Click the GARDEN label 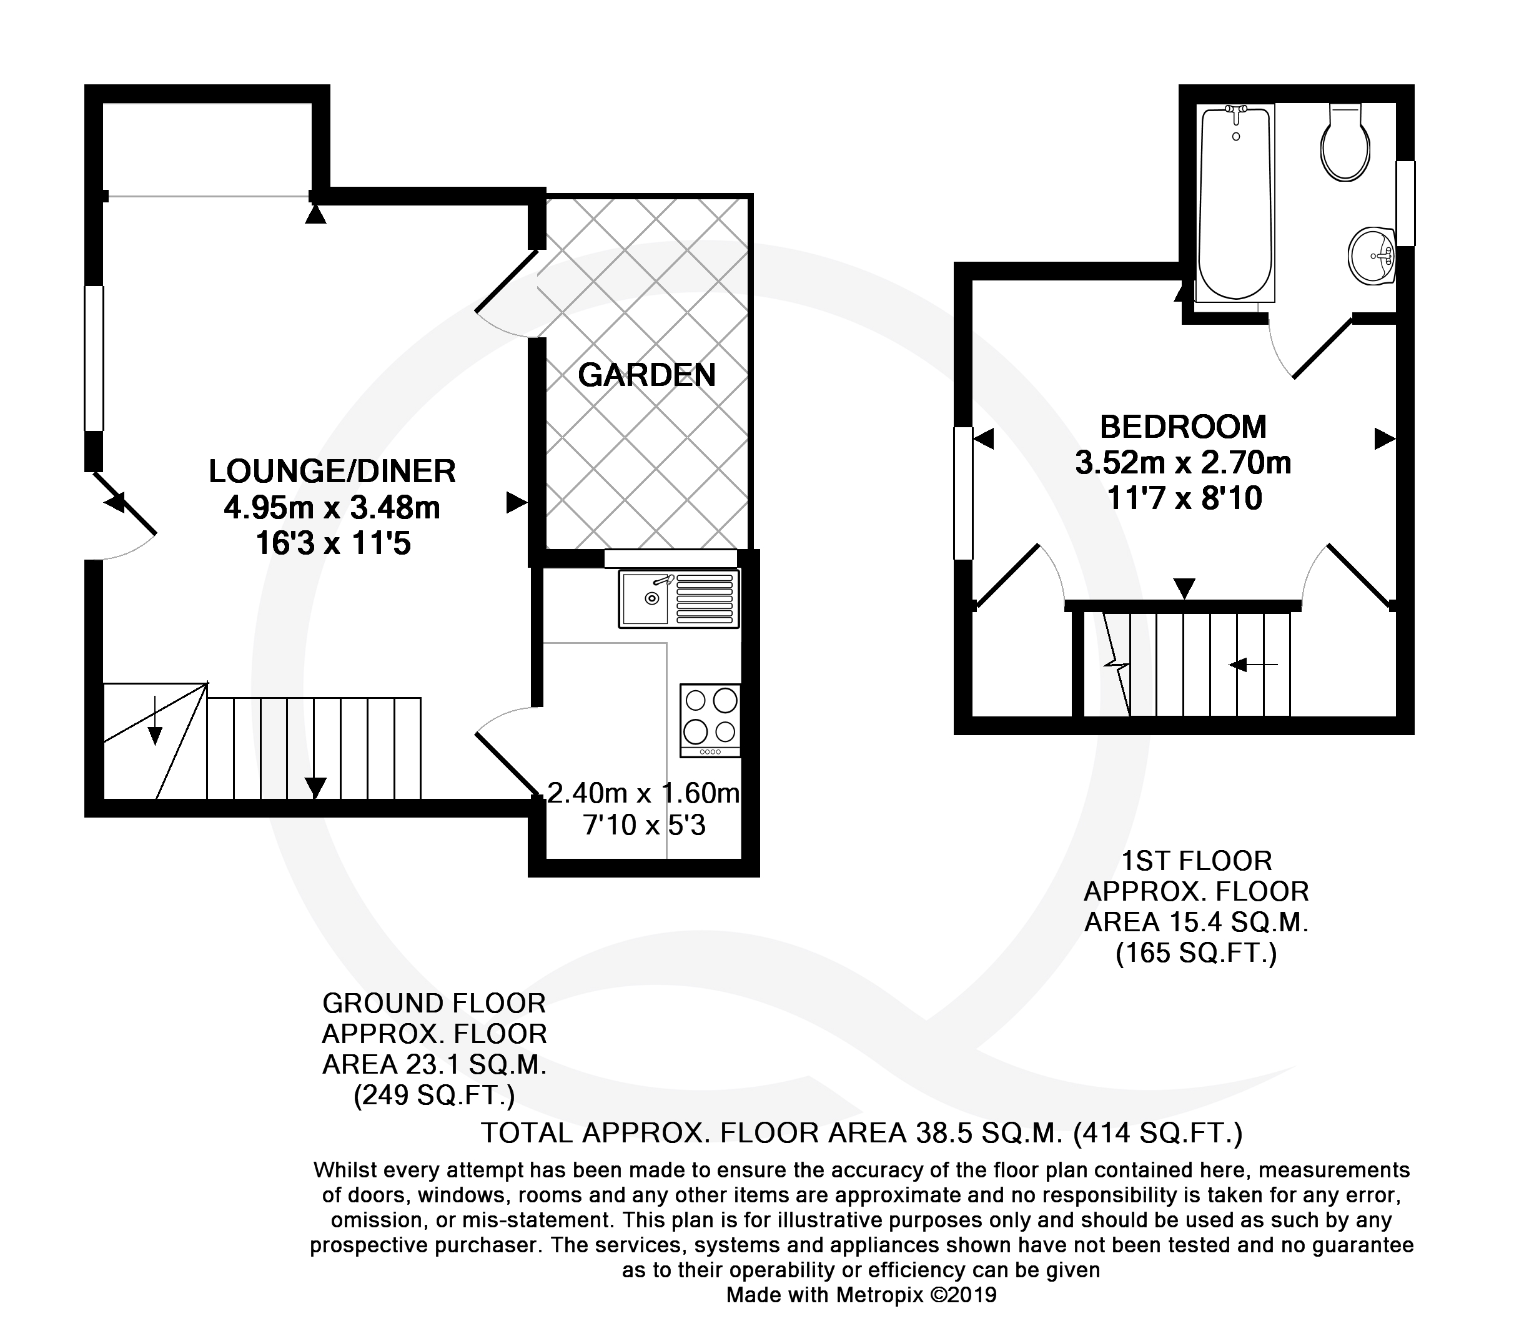point(646,375)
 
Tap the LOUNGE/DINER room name point(332,472)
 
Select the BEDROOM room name point(1184,427)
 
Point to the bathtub point(1235,204)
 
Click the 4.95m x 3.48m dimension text point(332,508)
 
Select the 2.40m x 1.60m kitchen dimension point(644,793)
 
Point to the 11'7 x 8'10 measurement point(1184,499)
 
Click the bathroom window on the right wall point(1406,204)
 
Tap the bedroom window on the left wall point(963,493)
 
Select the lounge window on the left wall point(94,359)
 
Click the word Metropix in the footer point(879,1295)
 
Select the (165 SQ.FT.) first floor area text point(1195,954)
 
